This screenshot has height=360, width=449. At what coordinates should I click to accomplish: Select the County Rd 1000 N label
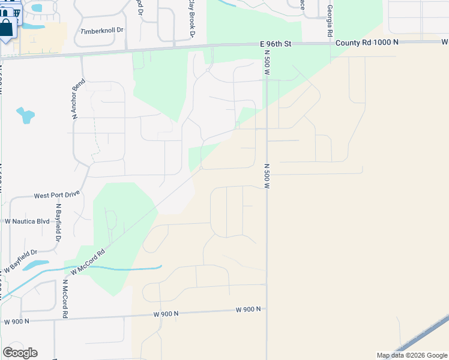[366, 43]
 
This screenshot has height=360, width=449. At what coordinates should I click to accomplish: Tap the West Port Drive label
[56, 195]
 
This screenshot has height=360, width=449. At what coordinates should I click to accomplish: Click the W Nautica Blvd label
[27, 221]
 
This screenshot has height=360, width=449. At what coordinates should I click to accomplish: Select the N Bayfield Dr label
[59, 223]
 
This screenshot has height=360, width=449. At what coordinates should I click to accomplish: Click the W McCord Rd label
[88, 262]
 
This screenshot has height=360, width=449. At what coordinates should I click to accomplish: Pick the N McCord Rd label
[64, 299]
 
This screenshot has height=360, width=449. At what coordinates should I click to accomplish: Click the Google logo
[20, 353]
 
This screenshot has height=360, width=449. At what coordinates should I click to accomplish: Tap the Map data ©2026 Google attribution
[411, 355]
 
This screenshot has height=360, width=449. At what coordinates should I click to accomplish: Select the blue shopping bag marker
[6, 28]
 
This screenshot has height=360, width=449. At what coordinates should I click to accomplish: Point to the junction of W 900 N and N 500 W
[266, 309]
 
